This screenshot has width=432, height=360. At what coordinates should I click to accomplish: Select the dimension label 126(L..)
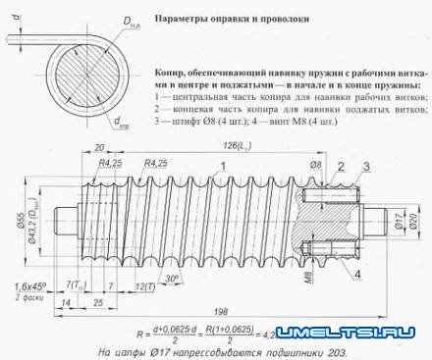tap(235, 143)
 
